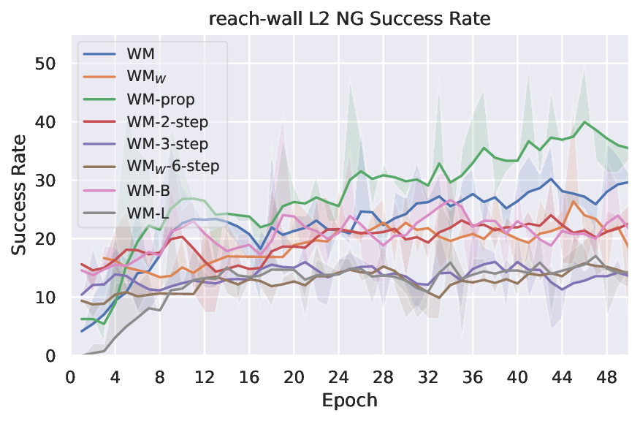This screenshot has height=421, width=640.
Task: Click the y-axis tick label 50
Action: (45, 64)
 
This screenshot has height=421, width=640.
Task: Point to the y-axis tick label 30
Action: (45, 181)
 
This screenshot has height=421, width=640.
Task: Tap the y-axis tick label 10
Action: (45, 297)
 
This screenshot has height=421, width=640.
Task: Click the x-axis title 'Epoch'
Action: (349, 401)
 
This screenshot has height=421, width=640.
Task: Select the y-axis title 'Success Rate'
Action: (19, 195)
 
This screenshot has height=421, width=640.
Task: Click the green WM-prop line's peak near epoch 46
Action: (584, 122)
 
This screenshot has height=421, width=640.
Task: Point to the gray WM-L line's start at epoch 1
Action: (82, 354)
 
